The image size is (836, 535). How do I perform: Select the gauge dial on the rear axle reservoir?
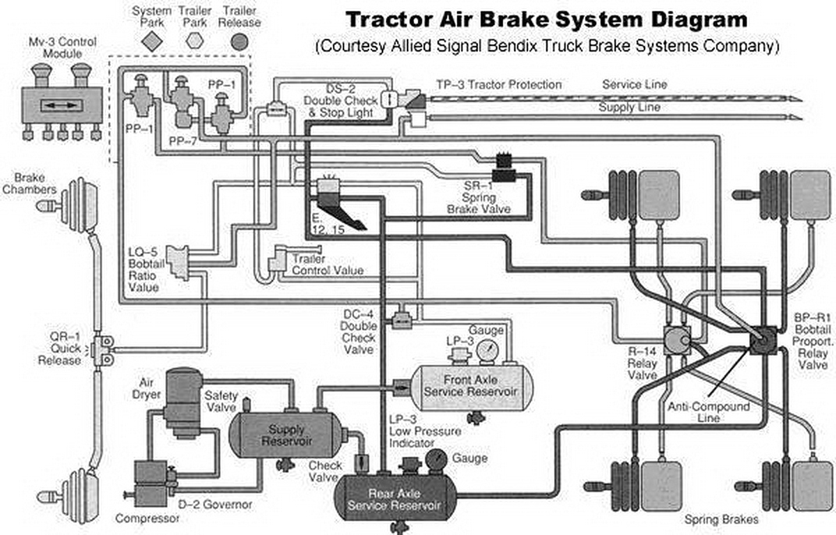click(438, 459)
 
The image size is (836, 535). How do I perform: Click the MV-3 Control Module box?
click(63, 106)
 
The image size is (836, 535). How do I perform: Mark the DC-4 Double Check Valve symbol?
click(401, 320)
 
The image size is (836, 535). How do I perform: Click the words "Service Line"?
click(635, 84)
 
